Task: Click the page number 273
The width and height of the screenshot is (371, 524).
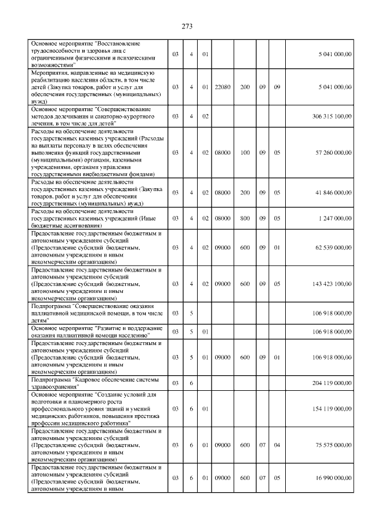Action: click(187, 27)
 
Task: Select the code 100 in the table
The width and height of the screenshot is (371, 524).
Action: click(245, 153)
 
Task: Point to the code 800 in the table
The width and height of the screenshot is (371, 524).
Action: click(245, 218)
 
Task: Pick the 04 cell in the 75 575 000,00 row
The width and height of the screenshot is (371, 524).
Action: click(277, 445)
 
